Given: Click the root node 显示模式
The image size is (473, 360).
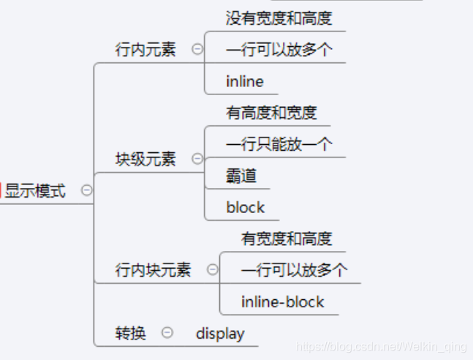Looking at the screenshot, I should click(35, 192).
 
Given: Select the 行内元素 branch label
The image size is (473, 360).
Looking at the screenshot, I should click(145, 50).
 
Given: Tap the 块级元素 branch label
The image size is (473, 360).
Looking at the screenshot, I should click(145, 160).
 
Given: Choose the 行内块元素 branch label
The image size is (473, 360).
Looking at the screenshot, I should click(153, 270).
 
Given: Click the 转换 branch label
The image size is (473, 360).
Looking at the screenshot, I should click(131, 334).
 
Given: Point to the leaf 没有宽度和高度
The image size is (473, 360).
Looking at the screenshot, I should click(279, 18).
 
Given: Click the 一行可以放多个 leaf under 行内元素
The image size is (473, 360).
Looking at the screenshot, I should click(279, 50).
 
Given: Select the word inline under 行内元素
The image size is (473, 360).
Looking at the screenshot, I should click(245, 81).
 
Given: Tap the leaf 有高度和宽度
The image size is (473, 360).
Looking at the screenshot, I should click(272, 113).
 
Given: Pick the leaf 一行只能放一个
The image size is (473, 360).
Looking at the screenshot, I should click(279, 144).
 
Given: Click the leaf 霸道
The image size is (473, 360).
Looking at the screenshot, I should click(242, 176).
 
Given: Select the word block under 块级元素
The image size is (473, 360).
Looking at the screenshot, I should click(246, 207).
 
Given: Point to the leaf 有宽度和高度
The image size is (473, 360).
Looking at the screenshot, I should click(287, 239).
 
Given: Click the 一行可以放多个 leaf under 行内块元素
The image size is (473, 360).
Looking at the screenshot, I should click(294, 270).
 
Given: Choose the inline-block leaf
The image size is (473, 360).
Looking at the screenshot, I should click(283, 301).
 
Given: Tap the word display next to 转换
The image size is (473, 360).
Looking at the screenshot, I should click(220, 334).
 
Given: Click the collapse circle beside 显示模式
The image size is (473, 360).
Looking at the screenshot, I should click(86, 190).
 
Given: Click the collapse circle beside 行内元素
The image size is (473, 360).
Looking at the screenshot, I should click(197, 49).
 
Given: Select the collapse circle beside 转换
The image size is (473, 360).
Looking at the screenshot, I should click(167, 332).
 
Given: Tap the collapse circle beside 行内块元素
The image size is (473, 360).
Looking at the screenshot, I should click(212, 269).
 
